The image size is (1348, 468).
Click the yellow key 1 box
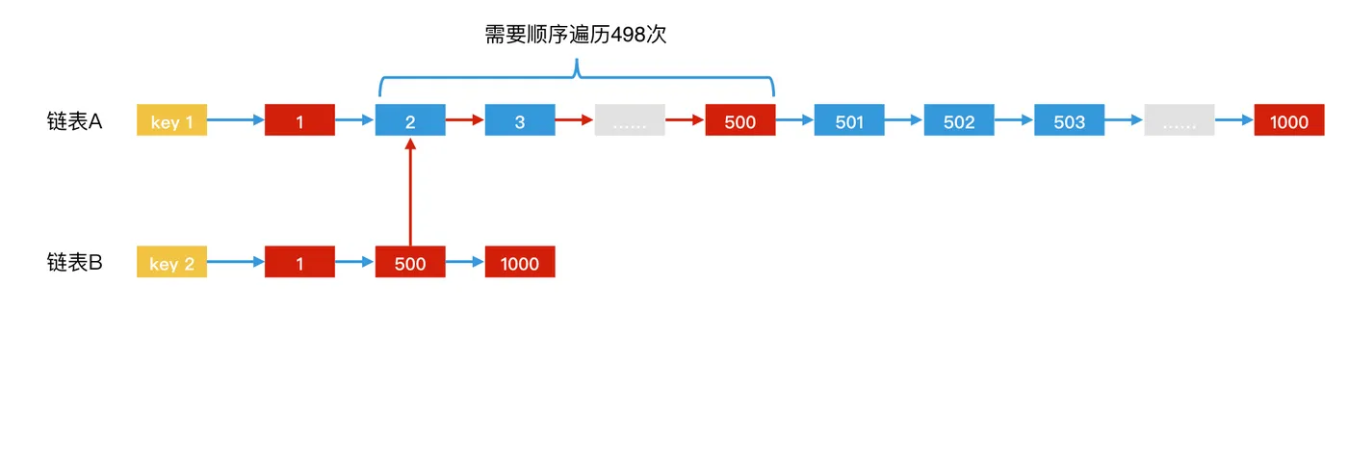coord(171,120)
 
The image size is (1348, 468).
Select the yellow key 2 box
coord(171,262)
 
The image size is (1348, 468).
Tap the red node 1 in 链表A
coord(299,120)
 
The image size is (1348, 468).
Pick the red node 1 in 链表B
coord(299,262)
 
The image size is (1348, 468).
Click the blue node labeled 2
coord(410,120)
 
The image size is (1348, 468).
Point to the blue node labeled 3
coord(520,120)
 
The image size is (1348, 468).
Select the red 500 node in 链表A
coord(739,120)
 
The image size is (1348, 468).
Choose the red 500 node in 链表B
coord(410,262)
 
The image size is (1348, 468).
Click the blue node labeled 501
coord(849,120)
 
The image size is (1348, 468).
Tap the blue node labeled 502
coord(959,120)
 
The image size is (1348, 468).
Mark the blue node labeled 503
coord(1069,120)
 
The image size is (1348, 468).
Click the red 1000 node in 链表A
coord(1288,120)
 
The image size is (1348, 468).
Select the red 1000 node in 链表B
coord(520,262)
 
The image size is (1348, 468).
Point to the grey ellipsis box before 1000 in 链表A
coord(1179,120)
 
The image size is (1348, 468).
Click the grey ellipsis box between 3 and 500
coord(630,120)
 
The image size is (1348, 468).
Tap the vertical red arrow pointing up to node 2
coord(410,193)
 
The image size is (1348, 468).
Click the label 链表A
coord(74,121)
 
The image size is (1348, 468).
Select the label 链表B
coord(74,262)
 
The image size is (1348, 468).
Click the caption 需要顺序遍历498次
coord(576,36)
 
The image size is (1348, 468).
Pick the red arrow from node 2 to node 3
coord(465,120)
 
